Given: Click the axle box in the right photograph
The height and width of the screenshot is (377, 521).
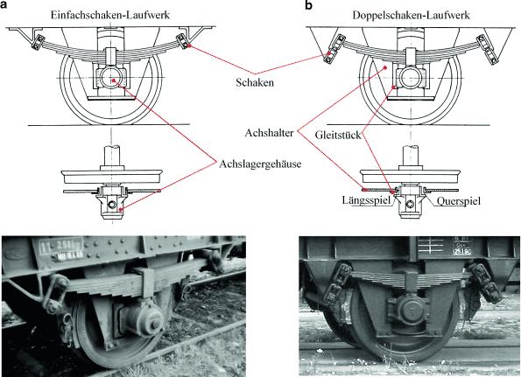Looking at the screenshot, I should coord(409,311).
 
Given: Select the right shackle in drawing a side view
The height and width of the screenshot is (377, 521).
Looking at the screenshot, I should coord(184,42).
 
